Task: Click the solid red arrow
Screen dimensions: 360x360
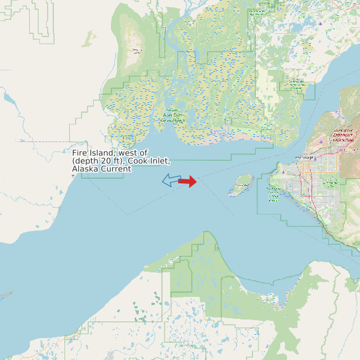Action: (x=189, y=181)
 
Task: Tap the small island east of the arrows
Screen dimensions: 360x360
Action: (x=240, y=184)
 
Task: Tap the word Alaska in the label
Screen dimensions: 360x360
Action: (x=84, y=169)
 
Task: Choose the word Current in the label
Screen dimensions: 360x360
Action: (x=116, y=169)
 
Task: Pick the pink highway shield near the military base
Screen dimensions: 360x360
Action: (x=341, y=149)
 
